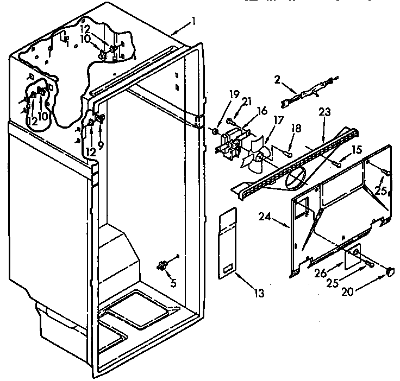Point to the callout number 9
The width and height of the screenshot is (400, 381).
[101, 130]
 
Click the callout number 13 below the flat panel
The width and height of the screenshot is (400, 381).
[259, 294]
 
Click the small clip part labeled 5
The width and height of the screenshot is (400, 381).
[161, 265]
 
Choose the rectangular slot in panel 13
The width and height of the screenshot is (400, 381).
[228, 267]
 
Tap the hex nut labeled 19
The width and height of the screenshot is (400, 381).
[215, 131]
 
